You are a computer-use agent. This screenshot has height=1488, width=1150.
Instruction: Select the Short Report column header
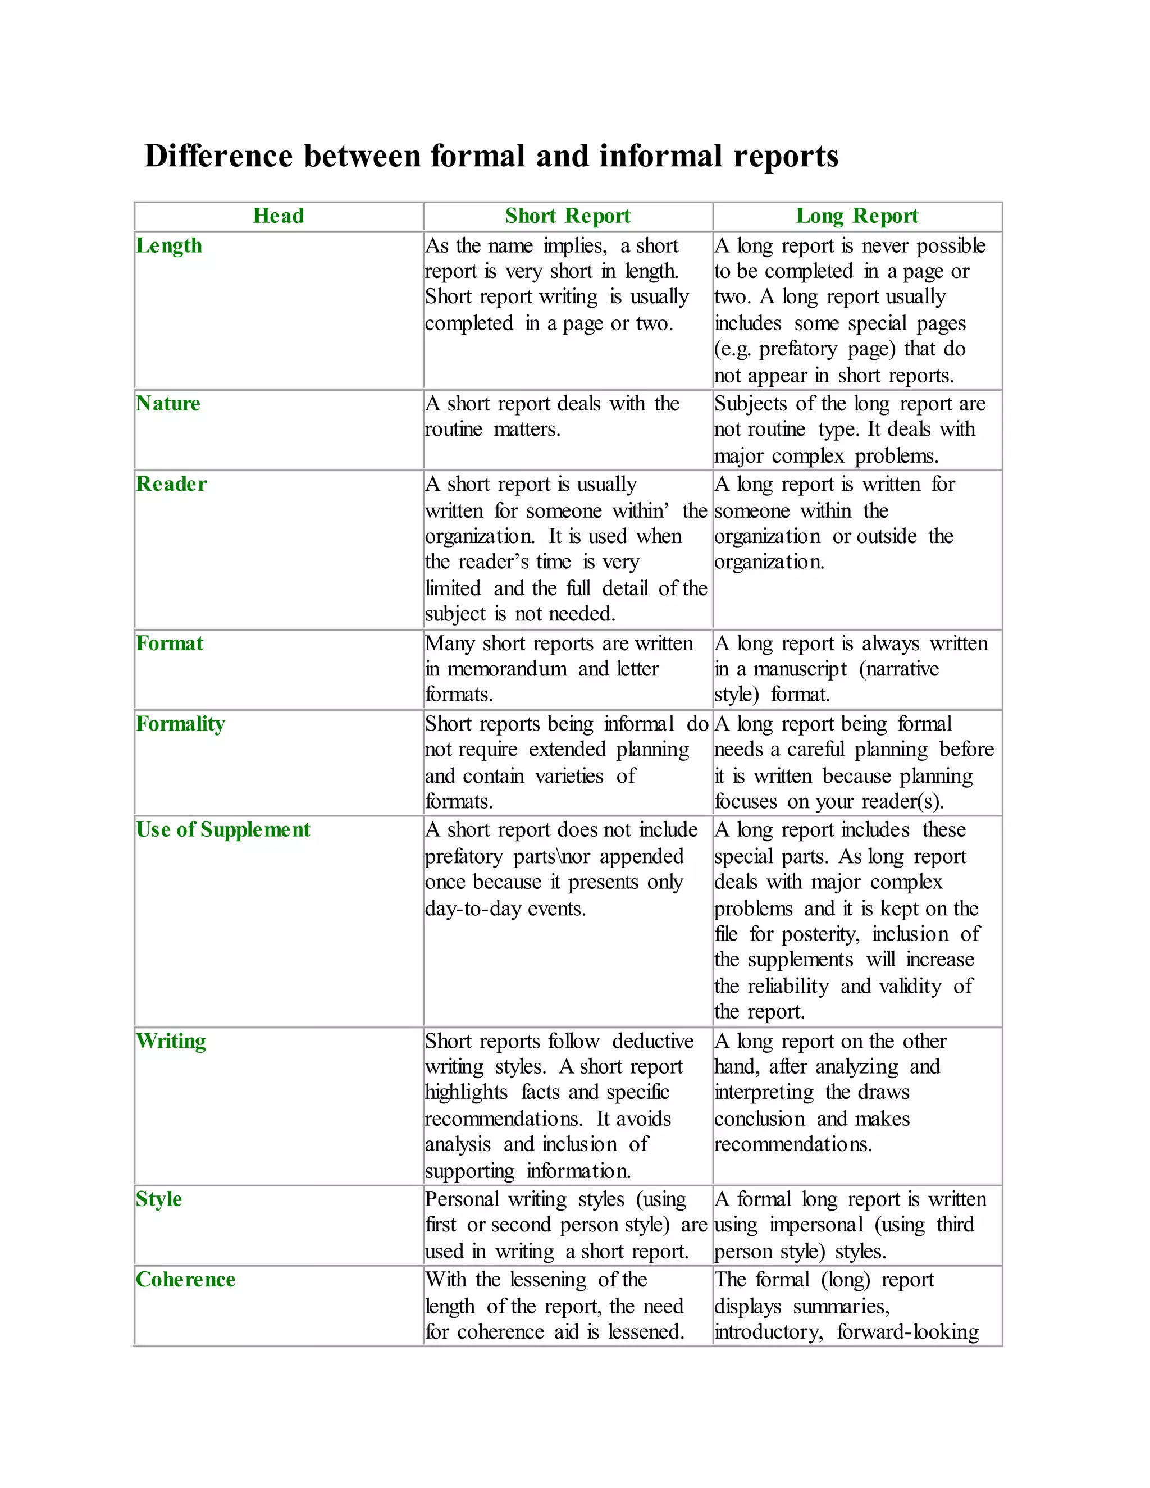[568, 216]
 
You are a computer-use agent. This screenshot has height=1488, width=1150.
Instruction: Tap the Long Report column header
[857, 216]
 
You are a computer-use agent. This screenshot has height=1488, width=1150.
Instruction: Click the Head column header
[278, 216]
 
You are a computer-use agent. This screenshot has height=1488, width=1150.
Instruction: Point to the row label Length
[169, 245]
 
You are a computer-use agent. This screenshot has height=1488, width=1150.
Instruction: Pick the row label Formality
[180, 724]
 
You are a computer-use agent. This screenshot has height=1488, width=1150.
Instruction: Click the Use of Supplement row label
[223, 829]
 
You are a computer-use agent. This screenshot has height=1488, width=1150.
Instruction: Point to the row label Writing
[170, 1041]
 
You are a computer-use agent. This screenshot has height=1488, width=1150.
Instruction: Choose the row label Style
[159, 1199]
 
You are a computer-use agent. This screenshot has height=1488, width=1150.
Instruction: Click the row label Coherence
[185, 1280]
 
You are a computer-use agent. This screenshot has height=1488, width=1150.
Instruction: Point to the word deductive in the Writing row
[652, 1041]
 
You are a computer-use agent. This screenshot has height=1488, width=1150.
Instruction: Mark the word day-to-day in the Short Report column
[473, 909]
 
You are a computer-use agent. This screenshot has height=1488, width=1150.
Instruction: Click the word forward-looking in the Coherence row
[907, 1332]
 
